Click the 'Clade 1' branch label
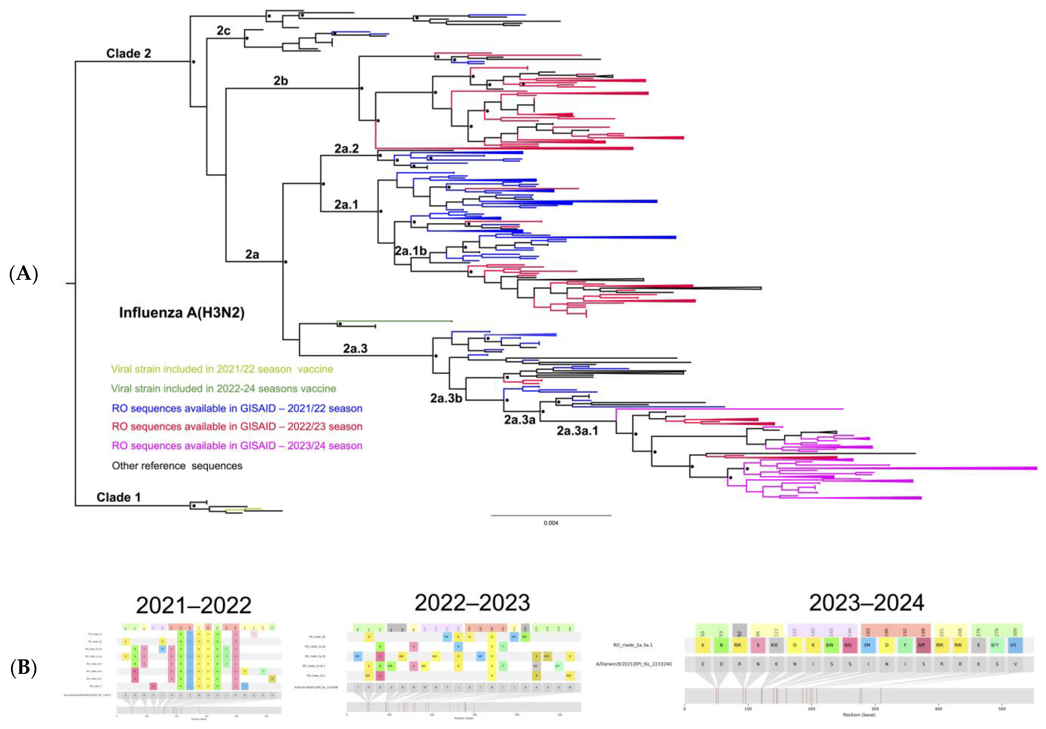click(x=119, y=497)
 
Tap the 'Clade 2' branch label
click(x=129, y=53)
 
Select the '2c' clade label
click(x=223, y=31)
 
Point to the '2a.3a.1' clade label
click(x=577, y=431)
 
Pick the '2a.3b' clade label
click(x=446, y=398)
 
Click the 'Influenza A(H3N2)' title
click(x=182, y=313)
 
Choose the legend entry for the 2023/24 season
click(x=237, y=446)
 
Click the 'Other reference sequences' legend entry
click(x=177, y=466)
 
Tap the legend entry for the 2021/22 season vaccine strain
click(x=222, y=369)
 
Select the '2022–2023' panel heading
click(x=473, y=603)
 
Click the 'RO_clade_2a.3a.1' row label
click(x=633, y=645)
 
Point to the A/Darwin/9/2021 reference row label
click(x=633, y=664)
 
